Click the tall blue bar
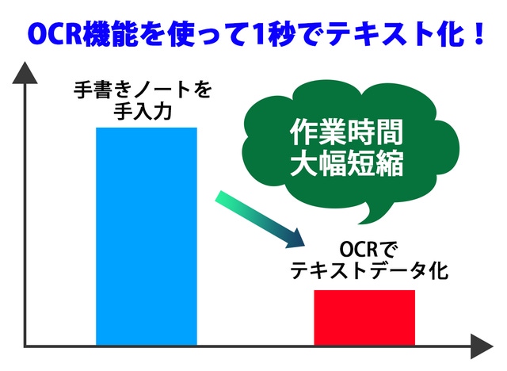147,236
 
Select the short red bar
364,318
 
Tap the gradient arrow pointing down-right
260,220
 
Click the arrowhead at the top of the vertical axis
25,73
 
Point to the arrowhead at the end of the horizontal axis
482,346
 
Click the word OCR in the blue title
54,33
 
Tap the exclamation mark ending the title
479,33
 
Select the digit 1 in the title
257,33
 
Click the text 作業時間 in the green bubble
347,132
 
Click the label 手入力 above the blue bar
143,112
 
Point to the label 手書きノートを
143,90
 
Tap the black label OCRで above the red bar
364,250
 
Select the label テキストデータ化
369,271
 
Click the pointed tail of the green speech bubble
360,223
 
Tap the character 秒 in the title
280,33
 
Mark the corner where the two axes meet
25,346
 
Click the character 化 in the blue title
452,33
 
